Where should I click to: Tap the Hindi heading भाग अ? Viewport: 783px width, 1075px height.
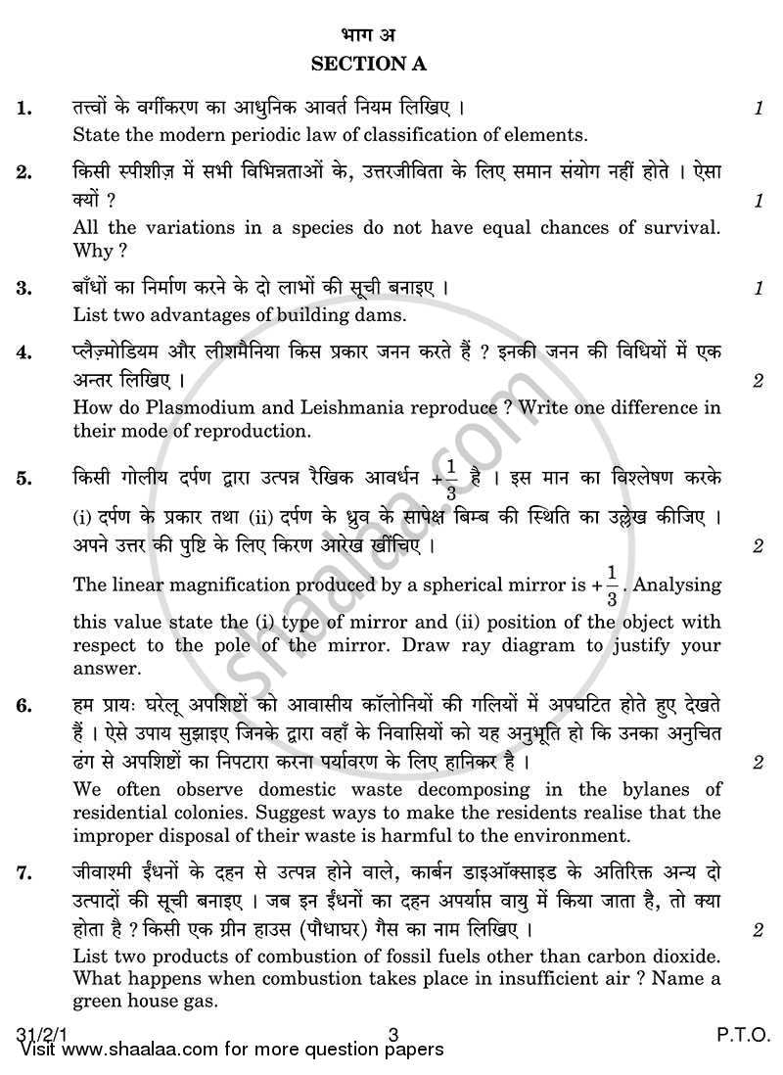point(391,36)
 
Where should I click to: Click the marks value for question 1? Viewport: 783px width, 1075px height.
point(759,110)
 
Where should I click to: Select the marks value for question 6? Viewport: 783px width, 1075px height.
point(759,762)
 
